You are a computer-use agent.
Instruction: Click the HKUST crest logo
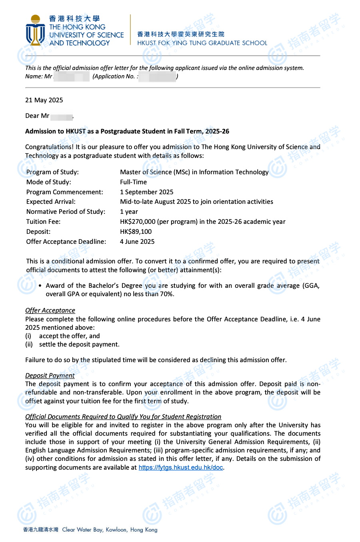(x=36, y=31)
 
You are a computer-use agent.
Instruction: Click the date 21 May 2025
(x=44, y=100)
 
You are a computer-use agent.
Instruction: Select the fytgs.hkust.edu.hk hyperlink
(x=181, y=467)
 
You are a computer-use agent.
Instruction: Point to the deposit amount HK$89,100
(x=136, y=231)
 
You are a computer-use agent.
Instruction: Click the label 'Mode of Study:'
(x=49, y=182)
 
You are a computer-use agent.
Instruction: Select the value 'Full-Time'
(x=134, y=182)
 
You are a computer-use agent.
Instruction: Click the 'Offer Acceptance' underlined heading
(x=50, y=310)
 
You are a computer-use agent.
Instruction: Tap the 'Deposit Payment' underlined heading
(x=50, y=375)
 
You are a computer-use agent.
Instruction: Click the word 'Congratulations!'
(x=49, y=147)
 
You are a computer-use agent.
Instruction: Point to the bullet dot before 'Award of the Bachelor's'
(x=40, y=286)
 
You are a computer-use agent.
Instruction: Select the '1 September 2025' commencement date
(x=147, y=192)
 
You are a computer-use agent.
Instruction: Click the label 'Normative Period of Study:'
(x=66, y=211)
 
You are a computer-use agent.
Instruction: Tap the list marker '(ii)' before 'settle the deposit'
(x=29, y=344)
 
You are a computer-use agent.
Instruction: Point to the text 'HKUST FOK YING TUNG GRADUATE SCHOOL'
(x=202, y=43)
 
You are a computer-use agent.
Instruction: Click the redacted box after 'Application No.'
(x=157, y=76)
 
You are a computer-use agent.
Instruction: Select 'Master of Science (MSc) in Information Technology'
(x=194, y=172)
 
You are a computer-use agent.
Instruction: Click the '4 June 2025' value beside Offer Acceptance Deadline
(x=137, y=241)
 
